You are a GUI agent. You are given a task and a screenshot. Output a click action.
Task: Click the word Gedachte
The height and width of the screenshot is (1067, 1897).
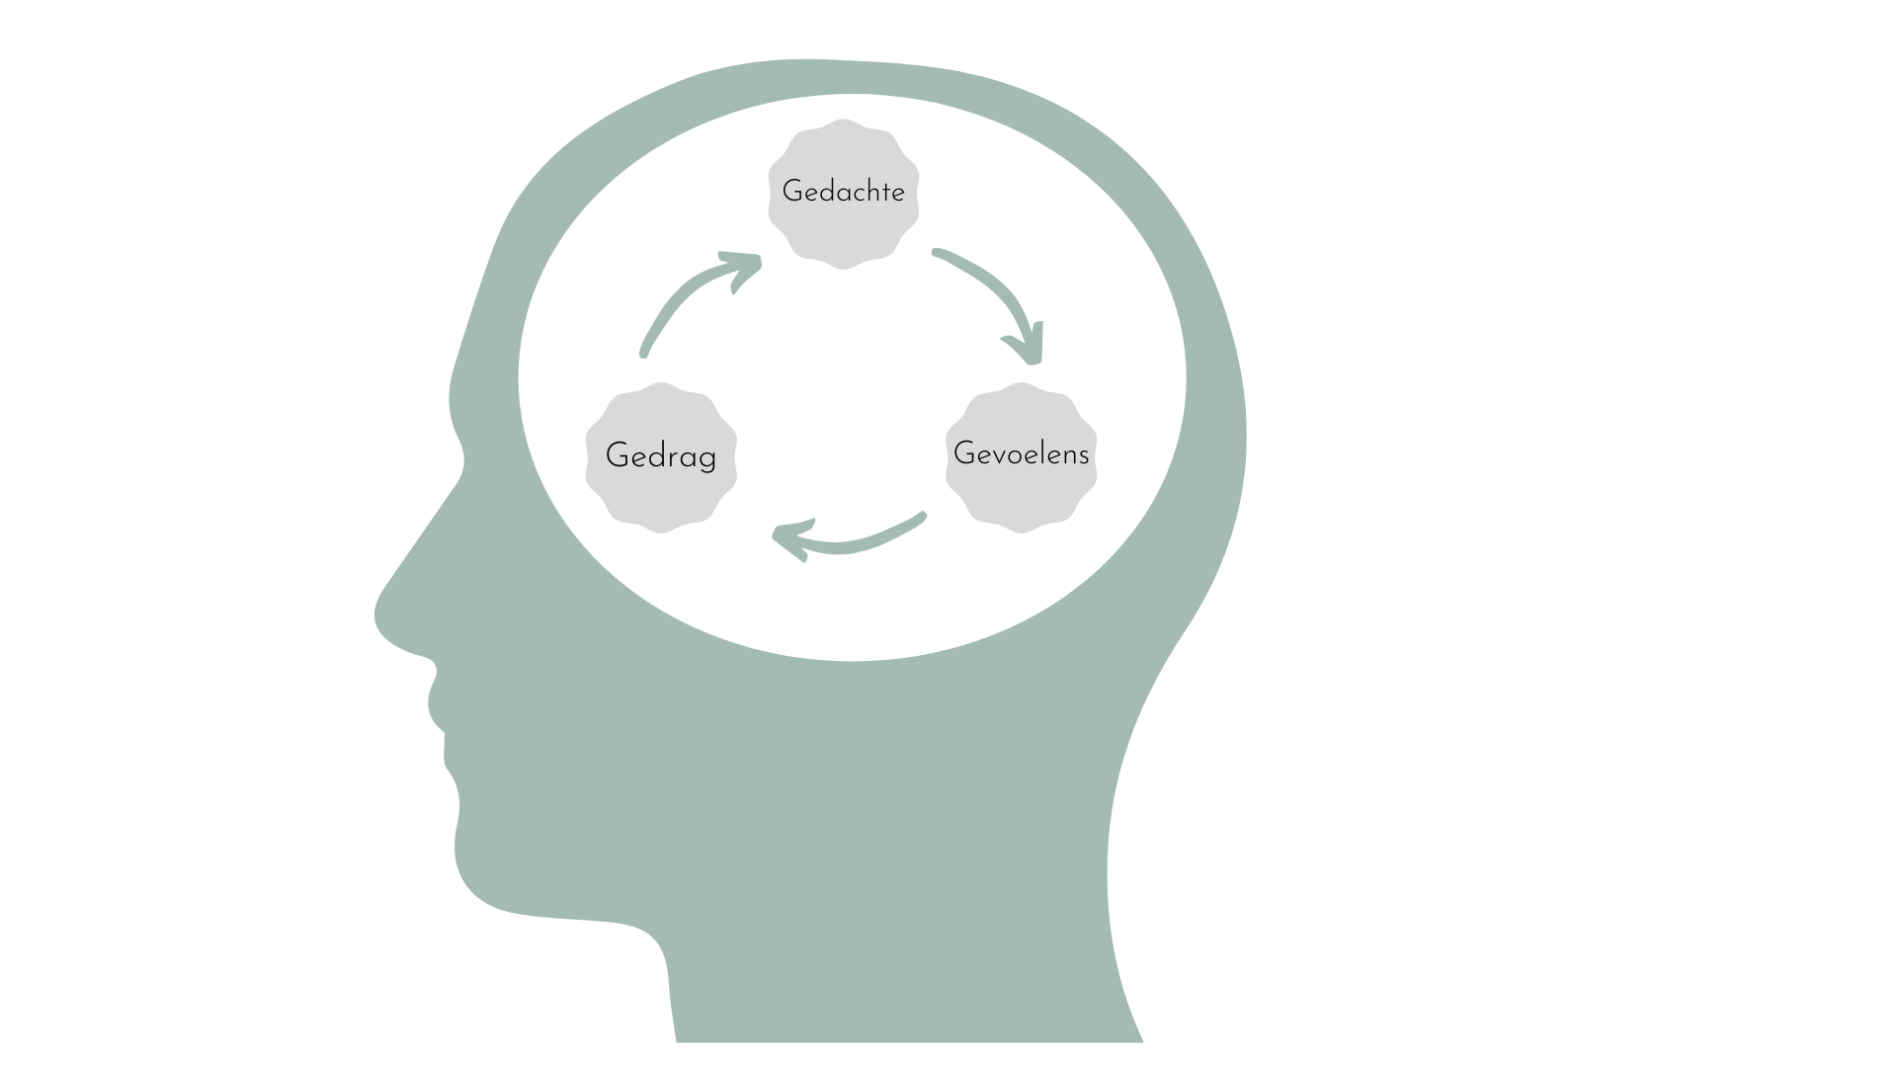pos(843,192)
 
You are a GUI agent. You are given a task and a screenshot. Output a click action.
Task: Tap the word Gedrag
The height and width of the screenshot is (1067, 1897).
pos(660,455)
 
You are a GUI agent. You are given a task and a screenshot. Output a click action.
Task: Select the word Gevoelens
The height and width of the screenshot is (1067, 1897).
pos(1021,453)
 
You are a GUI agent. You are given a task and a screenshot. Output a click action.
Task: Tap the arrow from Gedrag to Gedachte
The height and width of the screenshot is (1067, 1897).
pos(682,301)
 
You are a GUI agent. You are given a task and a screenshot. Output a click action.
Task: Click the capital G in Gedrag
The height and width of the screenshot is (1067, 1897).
pos(617,455)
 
